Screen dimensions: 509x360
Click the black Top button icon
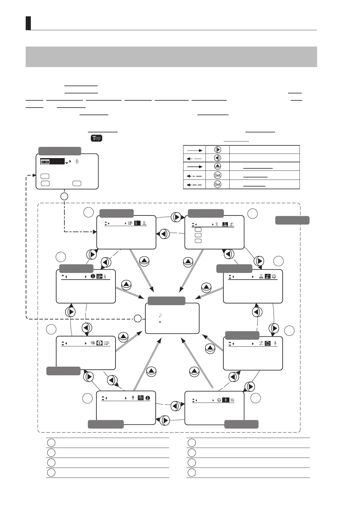96,138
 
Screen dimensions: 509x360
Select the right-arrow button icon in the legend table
217,150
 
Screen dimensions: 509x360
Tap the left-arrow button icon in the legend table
217,158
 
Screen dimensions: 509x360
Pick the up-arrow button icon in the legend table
217,166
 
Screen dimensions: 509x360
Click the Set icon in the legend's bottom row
217,184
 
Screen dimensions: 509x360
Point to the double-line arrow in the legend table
194,166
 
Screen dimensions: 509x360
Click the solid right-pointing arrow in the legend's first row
194,150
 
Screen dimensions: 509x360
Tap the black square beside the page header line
28,23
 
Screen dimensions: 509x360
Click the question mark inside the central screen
160,315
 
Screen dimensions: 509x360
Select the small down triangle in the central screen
160,322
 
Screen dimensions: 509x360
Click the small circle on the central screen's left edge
138,318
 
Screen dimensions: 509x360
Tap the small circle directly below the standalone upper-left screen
64,196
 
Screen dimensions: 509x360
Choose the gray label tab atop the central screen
167,301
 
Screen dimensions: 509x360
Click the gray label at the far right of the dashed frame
292,220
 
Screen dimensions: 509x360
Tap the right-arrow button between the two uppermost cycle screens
177,217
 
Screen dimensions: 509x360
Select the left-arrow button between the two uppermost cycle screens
164,234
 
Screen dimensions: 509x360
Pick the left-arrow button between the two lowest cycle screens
176,406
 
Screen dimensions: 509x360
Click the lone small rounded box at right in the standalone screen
77,183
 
